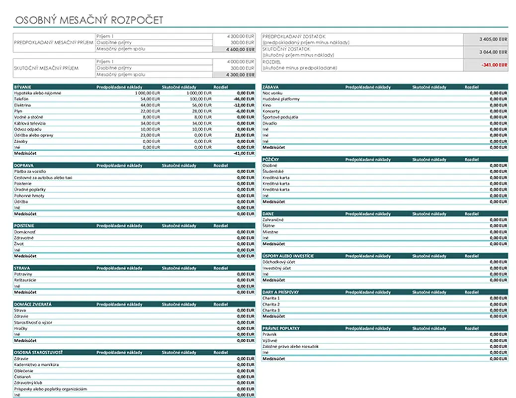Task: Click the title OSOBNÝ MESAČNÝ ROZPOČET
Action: coord(89,20)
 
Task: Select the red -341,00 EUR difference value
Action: coord(495,65)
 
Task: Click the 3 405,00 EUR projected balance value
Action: coord(494,39)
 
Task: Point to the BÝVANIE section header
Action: coord(23,87)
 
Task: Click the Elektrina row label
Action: coord(23,105)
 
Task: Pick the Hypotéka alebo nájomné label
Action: coord(38,93)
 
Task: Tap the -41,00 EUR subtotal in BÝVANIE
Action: coord(244,153)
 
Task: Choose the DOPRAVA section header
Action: coord(24,165)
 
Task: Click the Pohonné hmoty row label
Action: coord(29,196)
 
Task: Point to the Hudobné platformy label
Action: coord(281,99)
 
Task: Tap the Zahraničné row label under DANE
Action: coord(273,219)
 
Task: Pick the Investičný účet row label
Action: coord(277,268)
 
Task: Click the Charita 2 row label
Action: coord(271,304)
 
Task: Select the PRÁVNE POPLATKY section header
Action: coord(281,328)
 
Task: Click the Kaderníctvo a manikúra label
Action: coord(37,365)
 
